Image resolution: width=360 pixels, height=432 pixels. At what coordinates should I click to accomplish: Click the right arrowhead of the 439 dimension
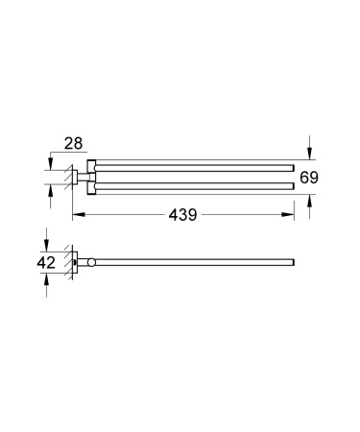tap(291, 215)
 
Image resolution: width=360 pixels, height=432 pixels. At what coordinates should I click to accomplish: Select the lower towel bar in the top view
tap(192, 182)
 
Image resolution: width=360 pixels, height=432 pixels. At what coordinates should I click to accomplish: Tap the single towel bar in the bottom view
tap(192, 261)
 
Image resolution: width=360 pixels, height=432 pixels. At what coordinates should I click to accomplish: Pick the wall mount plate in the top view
tap(73, 175)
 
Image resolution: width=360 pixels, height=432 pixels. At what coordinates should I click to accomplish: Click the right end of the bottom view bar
tap(293, 261)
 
